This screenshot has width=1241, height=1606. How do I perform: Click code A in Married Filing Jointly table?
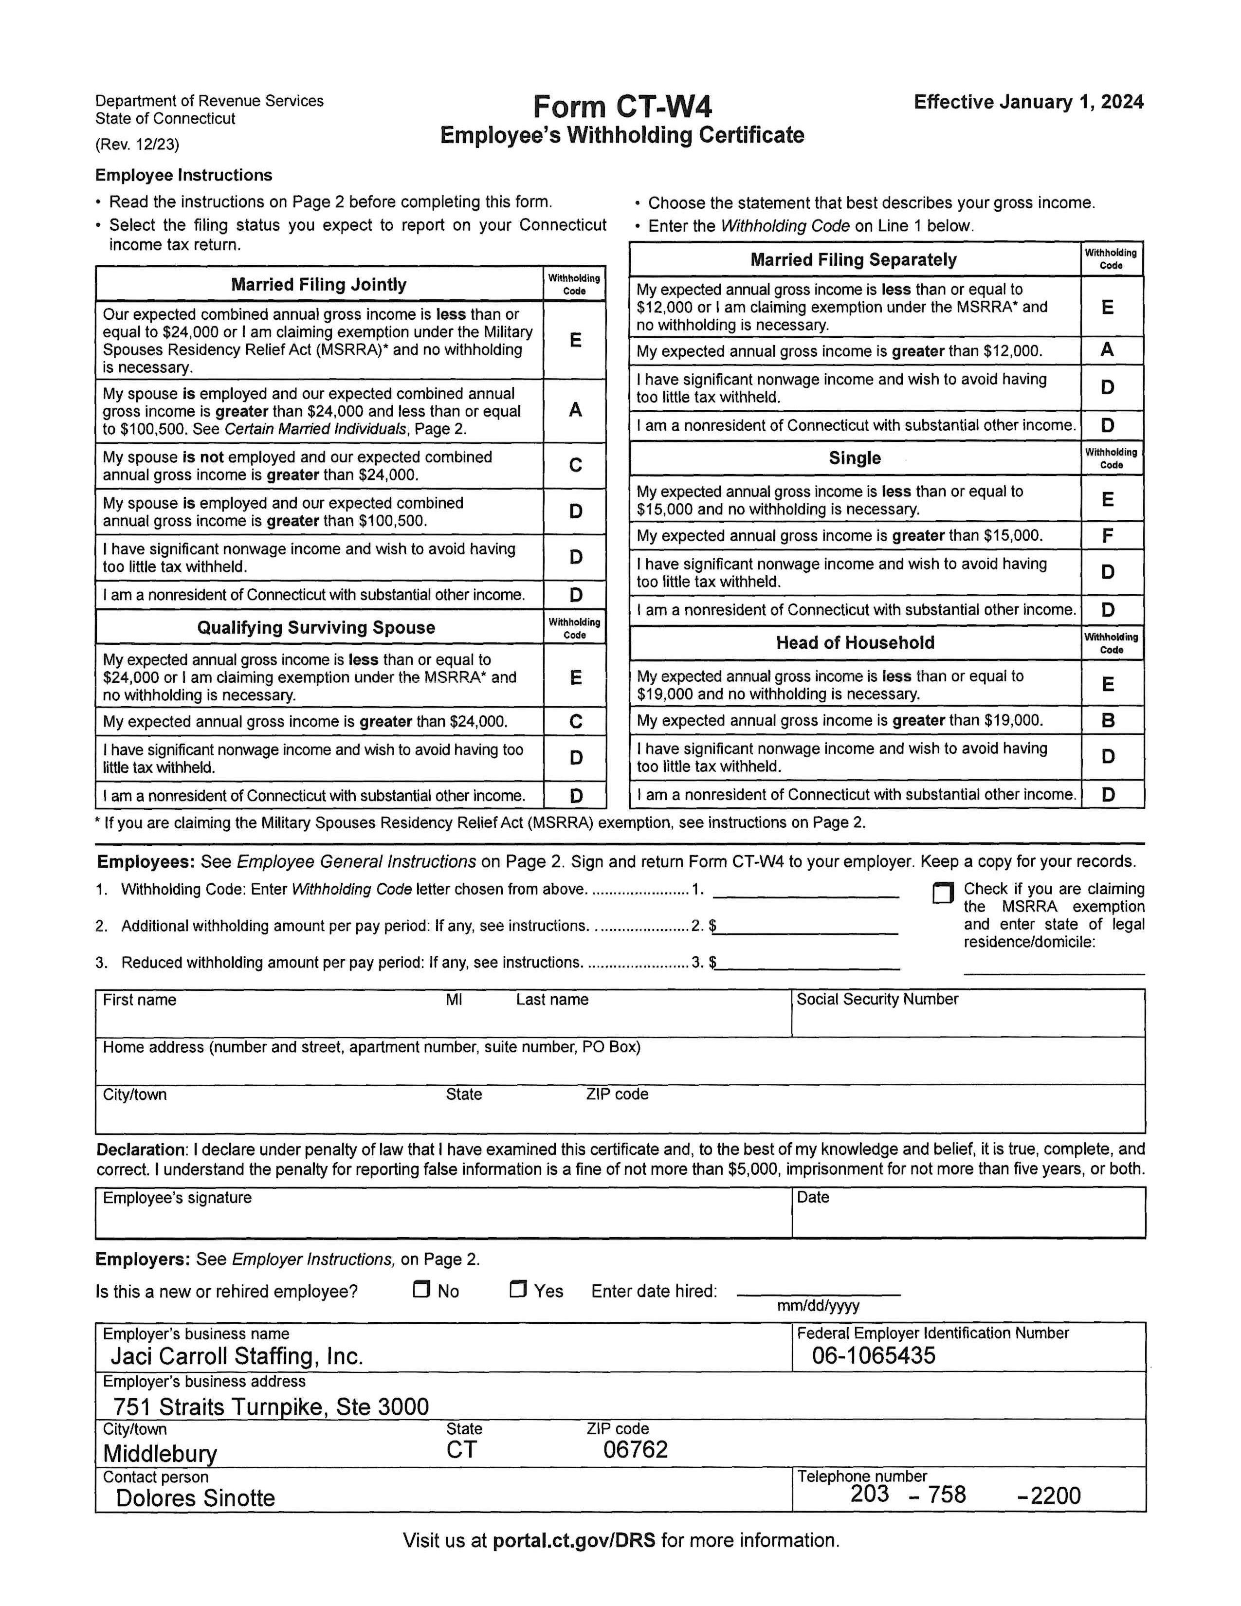(x=575, y=410)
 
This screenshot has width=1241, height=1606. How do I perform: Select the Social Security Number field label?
(x=877, y=999)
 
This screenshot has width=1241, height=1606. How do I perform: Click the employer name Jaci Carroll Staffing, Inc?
(x=237, y=1356)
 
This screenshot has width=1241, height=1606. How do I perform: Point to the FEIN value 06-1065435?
(x=874, y=1355)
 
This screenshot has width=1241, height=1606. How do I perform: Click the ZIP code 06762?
(x=635, y=1449)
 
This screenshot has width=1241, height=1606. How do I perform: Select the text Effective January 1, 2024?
(x=1028, y=102)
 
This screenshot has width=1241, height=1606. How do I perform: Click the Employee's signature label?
(x=177, y=1198)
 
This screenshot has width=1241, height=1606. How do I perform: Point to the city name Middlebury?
(x=160, y=1453)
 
